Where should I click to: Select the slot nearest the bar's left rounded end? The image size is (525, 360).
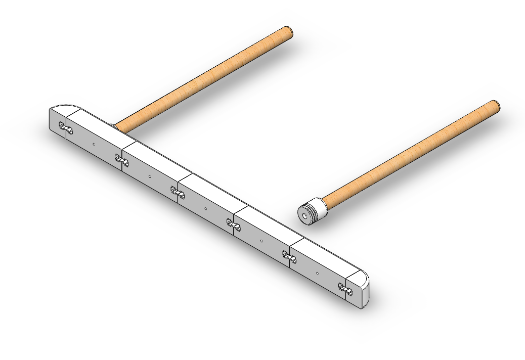[x=66, y=129]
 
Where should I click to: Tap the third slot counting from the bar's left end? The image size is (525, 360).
[x=178, y=193]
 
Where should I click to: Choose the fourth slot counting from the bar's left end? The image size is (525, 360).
[x=233, y=224]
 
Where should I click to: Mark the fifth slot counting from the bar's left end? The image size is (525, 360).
[x=290, y=257]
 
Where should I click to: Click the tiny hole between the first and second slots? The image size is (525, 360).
[x=94, y=144]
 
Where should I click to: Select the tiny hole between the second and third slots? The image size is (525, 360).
[x=150, y=176]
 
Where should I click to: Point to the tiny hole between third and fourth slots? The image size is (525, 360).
[x=205, y=208]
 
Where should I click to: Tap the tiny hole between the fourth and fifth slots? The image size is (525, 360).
[x=261, y=240]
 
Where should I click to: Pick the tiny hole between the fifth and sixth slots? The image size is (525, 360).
[x=317, y=273]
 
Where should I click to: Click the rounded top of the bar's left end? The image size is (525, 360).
[x=63, y=108]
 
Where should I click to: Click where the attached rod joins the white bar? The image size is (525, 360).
[x=115, y=127]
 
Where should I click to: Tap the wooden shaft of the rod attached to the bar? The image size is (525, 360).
[x=202, y=78]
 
